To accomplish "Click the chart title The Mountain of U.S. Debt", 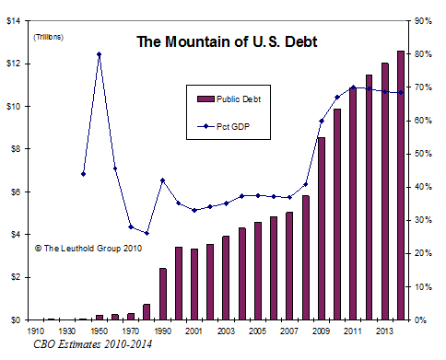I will pyautogui.click(x=227, y=41).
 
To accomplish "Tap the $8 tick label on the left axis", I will pyautogui.click(x=16, y=149).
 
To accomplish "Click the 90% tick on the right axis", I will pyautogui.click(x=425, y=21).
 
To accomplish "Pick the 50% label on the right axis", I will pyautogui.click(x=425, y=154).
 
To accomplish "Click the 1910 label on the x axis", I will pyautogui.click(x=36, y=331).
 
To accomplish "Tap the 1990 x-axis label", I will pyautogui.click(x=163, y=331).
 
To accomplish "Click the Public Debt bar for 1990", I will pyautogui.click(x=163, y=294).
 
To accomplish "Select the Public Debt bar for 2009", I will pyautogui.click(x=322, y=228).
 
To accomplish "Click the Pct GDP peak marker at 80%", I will pyautogui.click(x=99, y=54).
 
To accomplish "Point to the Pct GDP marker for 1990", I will pyautogui.click(x=163, y=180).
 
